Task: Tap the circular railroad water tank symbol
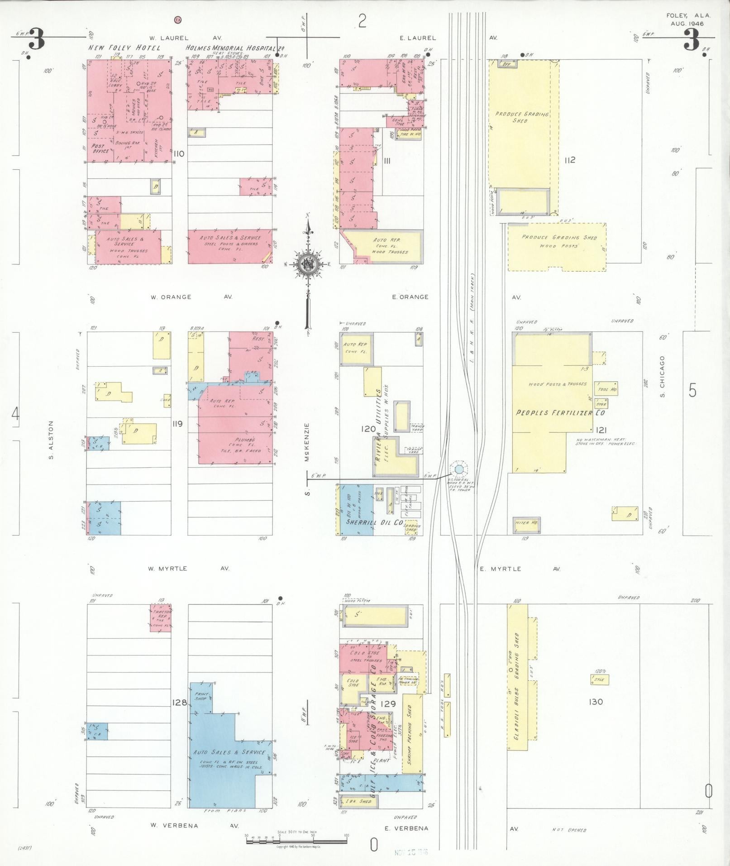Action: coord(458,469)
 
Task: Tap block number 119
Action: coord(177,424)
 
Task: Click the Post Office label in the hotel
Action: coord(100,148)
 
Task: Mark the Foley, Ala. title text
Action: coord(688,15)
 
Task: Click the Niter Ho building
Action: coord(526,524)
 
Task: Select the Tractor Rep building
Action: coord(160,617)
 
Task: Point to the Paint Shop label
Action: coord(200,696)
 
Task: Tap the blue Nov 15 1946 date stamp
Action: coord(411,852)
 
